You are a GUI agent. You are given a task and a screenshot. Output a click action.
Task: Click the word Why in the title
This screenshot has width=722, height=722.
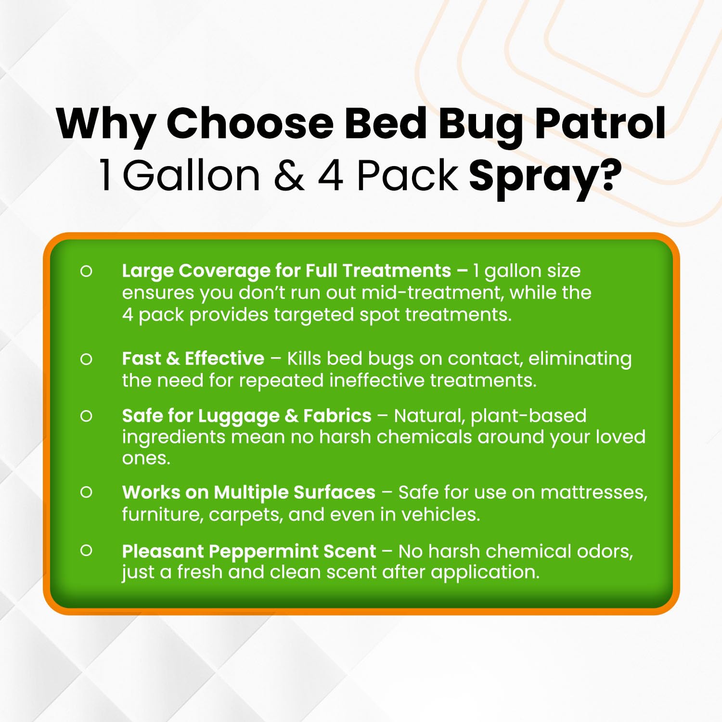pos(105,124)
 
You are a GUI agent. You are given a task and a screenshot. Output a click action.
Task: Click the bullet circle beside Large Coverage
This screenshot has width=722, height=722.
pos(86,271)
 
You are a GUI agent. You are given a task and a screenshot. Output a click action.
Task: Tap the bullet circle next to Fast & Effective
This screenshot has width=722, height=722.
pos(86,359)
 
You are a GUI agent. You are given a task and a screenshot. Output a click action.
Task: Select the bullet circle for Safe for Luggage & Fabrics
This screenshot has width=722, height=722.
pos(86,416)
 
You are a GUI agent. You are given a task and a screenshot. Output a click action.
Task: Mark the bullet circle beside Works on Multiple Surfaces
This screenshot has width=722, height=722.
pos(86,492)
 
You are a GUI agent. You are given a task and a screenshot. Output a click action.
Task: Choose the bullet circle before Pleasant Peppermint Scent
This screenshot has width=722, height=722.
pos(86,551)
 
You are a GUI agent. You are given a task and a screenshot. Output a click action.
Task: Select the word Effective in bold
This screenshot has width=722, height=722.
pos(224,359)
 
